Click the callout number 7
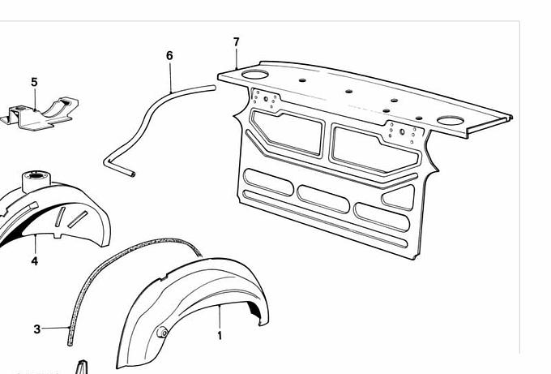[236, 42]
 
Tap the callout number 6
[169, 56]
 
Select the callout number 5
[34, 82]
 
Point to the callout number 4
[34, 261]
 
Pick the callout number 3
[37, 329]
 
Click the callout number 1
[220, 336]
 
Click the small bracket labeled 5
[41, 114]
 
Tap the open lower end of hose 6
[132, 174]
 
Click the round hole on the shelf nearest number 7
[255, 75]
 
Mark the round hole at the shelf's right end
[451, 121]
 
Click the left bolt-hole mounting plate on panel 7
[266, 99]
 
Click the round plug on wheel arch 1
[162, 332]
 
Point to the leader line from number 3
[55, 328]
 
